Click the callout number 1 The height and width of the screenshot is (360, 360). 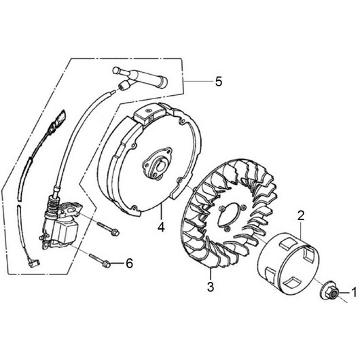click(x=355, y=293)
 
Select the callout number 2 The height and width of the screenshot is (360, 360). click(x=301, y=215)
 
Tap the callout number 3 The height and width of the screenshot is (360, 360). click(x=211, y=287)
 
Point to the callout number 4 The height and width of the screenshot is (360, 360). click(x=161, y=228)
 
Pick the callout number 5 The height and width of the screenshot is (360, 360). click(x=219, y=82)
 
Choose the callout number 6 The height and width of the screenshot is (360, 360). click(x=130, y=264)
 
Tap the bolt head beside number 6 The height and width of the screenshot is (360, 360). click(x=106, y=264)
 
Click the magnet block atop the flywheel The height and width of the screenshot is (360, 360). click(x=147, y=114)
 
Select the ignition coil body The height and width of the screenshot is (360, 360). click(x=62, y=231)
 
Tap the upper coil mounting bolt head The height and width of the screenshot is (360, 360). click(x=115, y=232)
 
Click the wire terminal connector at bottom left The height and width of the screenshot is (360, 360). click(x=34, y=264)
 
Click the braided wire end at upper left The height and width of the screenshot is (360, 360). click(x=58, y=122)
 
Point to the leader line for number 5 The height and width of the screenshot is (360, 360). click(x=198, y=82)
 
